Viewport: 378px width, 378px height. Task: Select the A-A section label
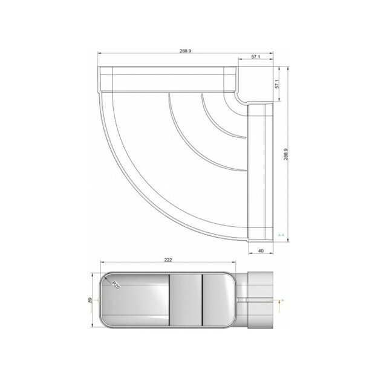point(281,232)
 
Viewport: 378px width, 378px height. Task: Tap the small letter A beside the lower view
point(282,299)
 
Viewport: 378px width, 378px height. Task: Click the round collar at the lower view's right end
point(259,299)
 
